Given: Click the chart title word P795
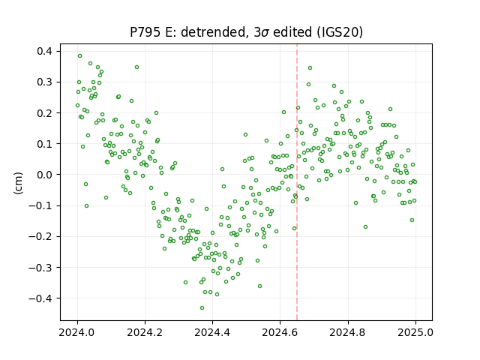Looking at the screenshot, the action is click(145, 32).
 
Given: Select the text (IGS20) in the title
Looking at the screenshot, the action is click(340, 32).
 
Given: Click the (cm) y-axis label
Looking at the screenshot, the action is click(18, 183).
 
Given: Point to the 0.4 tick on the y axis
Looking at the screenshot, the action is click(45, 51).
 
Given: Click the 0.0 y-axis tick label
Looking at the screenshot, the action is click(45, 175).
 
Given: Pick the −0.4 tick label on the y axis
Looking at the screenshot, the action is click(40, 298).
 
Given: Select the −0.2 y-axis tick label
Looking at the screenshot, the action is click(40, 237).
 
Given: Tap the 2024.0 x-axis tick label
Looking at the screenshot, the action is click(77, 332).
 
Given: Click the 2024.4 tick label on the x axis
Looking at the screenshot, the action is click(212, 332).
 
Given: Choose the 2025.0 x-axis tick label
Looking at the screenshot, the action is click(415, 332).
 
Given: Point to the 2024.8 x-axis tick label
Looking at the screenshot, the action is click(348, 332).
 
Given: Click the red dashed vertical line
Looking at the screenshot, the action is click(297, 182).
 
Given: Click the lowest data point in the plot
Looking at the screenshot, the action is click(202, 307).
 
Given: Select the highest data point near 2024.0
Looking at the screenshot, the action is click(80, 56).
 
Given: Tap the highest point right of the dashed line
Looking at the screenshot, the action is click(310, 68).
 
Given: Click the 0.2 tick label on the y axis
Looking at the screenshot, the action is click(45, 113).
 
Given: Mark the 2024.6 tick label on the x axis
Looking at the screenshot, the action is click(280, 332).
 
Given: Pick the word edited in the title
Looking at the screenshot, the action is click(292, 32).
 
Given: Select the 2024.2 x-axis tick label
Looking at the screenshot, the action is click(145, 332).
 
